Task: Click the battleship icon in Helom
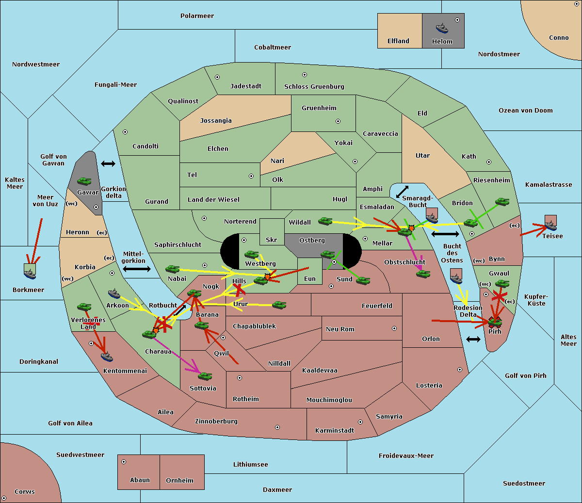(442, 28)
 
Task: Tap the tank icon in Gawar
(84, 181)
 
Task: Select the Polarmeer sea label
(197, 16)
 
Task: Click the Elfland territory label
(398, 41)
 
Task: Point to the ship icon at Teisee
(550, 224)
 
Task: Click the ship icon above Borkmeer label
(30, 273)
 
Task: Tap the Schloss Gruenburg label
(314, 87)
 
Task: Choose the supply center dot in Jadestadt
(217, 77)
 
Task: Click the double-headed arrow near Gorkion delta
(108, 164)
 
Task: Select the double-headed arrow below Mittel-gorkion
(137, 269)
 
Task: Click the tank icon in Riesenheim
(502, 202)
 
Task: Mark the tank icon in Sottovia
(205, 376)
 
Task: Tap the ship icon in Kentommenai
(107, 357)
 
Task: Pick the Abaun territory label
(140, 480)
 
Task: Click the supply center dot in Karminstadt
(360, 422)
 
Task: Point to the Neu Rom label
(340, 329)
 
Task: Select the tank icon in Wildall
(325, 221)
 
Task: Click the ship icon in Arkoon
(114, 293)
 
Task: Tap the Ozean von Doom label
(525, 111)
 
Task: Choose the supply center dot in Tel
(251, 177)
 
